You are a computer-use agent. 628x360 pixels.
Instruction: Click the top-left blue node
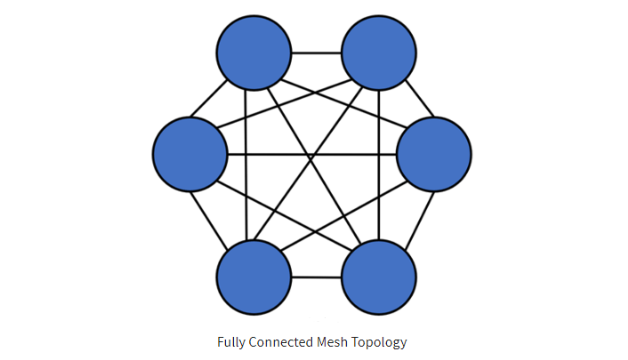[254, 52]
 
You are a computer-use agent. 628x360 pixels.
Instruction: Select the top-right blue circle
[379, 52]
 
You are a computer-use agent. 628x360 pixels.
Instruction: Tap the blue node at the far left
[190, 154]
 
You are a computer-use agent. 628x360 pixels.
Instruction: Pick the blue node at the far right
[434, 154]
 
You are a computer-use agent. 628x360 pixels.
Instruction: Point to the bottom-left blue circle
[254, 277]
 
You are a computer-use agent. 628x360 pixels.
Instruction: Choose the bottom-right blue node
[379, 277]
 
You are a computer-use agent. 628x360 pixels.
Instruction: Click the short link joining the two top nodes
[317, 52]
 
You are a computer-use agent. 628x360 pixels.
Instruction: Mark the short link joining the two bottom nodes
[317, 277]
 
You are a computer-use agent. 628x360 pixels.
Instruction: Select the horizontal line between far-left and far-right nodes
[312, 154]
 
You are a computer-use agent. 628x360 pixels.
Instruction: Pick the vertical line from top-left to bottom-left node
[246, 165]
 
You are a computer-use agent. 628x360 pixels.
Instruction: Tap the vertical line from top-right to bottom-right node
[378, 165]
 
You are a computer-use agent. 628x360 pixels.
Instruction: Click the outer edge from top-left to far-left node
[209, 99]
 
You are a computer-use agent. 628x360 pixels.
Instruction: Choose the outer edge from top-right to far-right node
[420, 99]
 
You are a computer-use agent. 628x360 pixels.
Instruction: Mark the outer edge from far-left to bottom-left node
[209, 220]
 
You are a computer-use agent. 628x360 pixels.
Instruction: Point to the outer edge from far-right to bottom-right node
[420, 220]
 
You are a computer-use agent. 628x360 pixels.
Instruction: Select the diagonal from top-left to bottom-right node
[314, 166]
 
